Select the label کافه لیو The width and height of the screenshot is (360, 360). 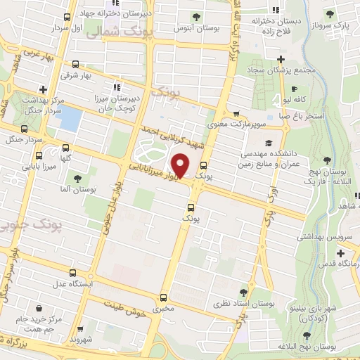click(307, 101)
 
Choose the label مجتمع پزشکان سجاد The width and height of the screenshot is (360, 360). click(282, 71)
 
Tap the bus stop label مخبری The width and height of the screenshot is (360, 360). click(162, 309)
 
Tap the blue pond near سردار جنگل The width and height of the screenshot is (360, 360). click(70, 120)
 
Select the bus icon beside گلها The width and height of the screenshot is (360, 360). click(65, 148)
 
